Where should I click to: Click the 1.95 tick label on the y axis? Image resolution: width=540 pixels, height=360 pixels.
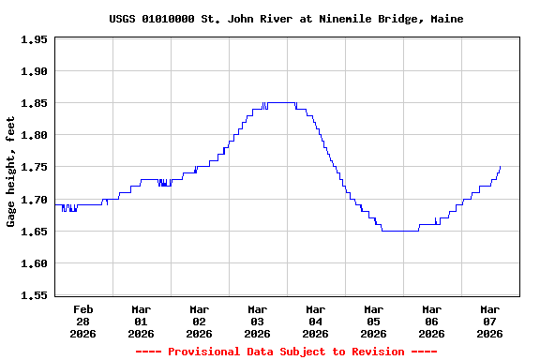[x=34, y=39]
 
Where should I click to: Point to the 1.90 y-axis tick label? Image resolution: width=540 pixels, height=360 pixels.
[x=34, y=71]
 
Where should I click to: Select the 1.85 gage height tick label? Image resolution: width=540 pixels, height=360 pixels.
[x=34, y=103]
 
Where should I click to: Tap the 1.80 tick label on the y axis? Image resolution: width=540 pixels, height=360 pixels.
[x=34, y=135]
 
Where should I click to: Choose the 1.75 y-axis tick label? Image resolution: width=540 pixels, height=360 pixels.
[x=34, y=167]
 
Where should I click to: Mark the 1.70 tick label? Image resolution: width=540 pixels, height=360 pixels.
[x=34, y=200]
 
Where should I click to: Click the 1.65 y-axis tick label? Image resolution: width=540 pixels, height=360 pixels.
[x=34, y=232]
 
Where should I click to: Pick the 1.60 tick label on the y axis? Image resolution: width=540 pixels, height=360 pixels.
[x=34, y=263]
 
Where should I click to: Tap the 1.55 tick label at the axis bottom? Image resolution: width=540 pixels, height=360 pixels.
[x=34, y=295]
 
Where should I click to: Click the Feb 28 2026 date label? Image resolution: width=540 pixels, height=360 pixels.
[x=83, y=321]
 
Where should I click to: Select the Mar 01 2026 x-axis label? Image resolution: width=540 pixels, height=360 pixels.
[x=142, y=321]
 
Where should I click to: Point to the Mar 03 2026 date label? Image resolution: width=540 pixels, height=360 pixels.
[x=258, y=321]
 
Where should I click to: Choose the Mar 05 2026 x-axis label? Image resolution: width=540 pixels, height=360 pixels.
[x=374, y=321]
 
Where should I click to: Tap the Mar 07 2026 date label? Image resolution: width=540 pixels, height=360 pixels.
[x=490, y=321]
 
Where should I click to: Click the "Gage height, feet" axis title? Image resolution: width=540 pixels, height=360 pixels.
[x=11, y=172]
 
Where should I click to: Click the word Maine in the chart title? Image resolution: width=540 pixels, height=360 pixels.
[x=446, y=19]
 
